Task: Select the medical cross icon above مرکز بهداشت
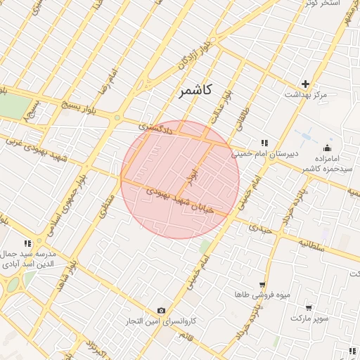(x=305, y=83)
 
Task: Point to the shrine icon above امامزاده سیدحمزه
(x=327, y=148)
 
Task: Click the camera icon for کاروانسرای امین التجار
(x=162, y=311)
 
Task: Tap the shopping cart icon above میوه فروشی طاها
(x=262, y=285)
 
